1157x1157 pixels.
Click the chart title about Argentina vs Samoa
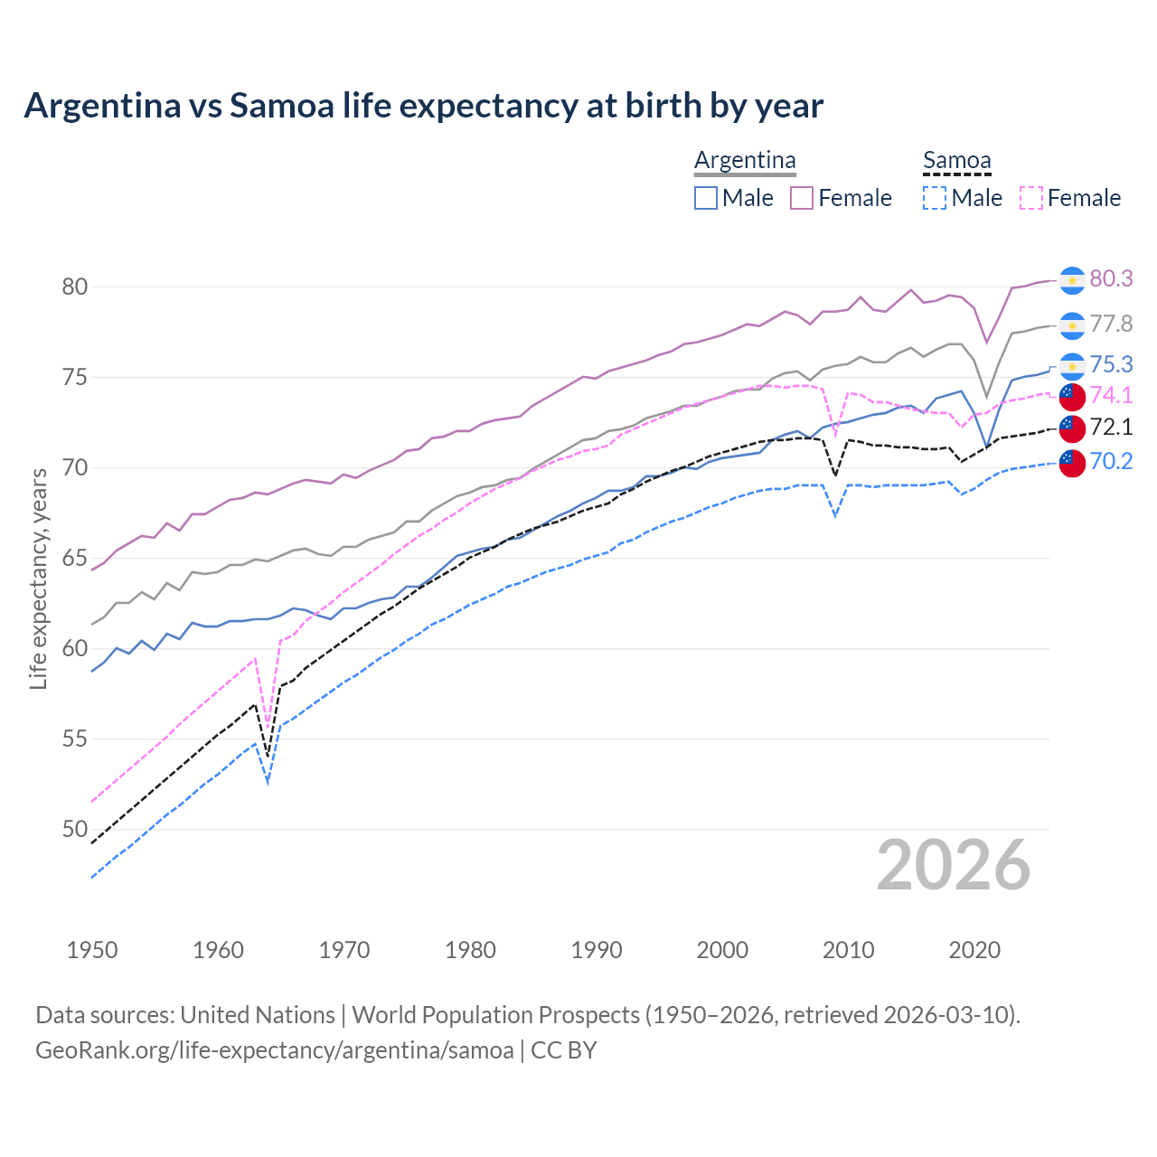pyautogui.click(x=423, y=106)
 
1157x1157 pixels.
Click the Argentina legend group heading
pyautogui.click(x=745, y=160)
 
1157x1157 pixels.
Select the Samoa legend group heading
pyautogui.click(x=956, y=160)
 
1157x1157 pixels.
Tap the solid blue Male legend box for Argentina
pyautogui.click(x=706, y=198)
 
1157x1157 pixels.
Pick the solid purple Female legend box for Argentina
pyautogui.click(x=802, y=198)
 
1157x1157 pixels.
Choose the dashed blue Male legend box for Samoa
pyautogui.click(x=935, y=198)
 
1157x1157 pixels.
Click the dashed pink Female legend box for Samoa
pyautogui.click(x=1031, y=198)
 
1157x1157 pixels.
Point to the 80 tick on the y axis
pyautogui.click(x=74, y=287)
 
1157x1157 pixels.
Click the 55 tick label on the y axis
pyautogui.click(x=74, y=739)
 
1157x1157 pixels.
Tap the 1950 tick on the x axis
pyautogui.click(x=92, y=950)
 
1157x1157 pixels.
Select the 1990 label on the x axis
pyautogui.click(x=597, y=950)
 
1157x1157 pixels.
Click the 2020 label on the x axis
pyautogui.click(x=974, y=950)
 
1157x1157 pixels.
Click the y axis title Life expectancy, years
pyautogui.click(x=39, y=578)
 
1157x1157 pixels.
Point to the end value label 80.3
pyautogui.click(x=1111, y=279)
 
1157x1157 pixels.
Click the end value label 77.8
pyautogui.click(x=1111, y=325)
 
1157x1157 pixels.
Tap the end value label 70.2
pyautogui.click(x=1111, y=462)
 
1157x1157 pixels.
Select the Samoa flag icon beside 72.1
pyautogui.click(x=1072, y=428)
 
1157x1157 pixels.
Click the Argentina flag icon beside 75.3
pyautogui.click(x=1072, y=365)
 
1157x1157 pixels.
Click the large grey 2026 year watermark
pyautogui.click(x=954, y=865)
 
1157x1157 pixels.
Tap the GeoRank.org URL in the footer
pyautogui.click(x=274, y=1050)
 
